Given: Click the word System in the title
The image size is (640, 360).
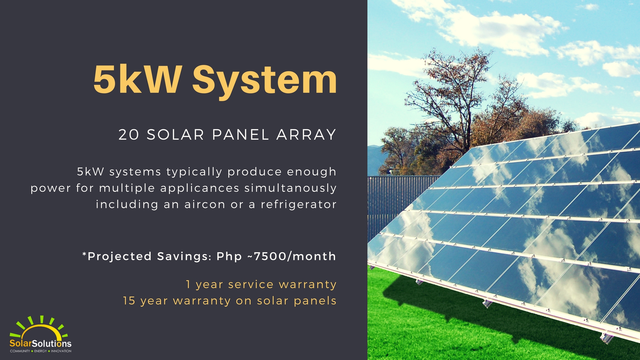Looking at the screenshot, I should [x=264, y=80].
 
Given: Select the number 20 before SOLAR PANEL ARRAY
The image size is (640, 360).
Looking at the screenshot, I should [x=129, y=135].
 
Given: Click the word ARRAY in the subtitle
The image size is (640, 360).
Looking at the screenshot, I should [x=306, y=135].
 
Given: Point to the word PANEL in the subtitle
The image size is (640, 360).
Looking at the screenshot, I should [x=240, y=135].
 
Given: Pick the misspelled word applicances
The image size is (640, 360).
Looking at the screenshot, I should [x=200, y=188].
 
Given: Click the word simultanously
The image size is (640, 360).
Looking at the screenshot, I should [x=290, y=188].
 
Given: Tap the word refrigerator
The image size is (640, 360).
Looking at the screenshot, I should [x=299, y=204].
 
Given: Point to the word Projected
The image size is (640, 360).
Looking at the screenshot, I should [x=119, y=256].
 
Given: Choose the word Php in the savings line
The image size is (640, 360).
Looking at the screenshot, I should [x=229, y=256].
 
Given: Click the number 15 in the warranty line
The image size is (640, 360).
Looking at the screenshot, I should [x=129, y=301].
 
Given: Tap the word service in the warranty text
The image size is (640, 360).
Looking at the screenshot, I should [x=251, y=284].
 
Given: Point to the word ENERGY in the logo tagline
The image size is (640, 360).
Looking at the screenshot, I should [x=40, y=351].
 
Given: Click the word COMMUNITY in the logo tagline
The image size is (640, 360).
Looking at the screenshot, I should [x=20, y=351].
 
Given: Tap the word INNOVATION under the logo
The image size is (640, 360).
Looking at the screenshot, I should [x=61, y=351].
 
